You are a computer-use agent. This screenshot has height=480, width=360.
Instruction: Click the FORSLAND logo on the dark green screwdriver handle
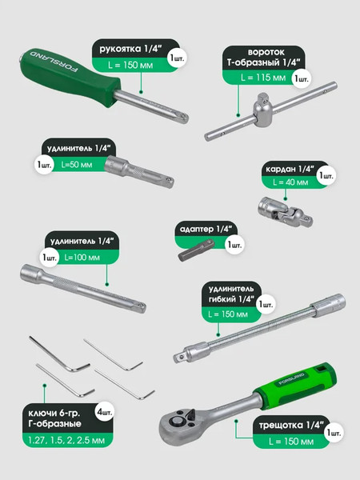[x=54, y=62]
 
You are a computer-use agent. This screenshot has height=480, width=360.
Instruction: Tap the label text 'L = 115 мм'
[x=263, y=78]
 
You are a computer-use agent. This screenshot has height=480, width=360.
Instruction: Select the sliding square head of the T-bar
[x=262, y=110]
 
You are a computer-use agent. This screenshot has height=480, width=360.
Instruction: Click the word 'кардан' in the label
[x=281, y=169]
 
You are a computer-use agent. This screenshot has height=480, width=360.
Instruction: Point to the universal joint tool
[x=286, y=212]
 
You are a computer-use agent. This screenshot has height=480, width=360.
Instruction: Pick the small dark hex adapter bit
[x=196, y=250]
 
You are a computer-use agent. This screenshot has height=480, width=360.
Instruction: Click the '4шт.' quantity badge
[x=104, y=412]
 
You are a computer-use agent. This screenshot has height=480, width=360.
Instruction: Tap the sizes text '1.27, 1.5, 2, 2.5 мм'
[x=66, y=440]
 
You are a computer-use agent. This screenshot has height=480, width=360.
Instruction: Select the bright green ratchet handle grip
[x=296, y=385]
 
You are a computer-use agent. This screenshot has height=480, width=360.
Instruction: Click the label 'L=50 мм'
[x=77, y=165]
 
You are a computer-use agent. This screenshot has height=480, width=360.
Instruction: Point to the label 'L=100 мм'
[x=82, y=257]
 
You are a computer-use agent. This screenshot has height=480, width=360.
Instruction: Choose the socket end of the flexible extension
[x=328, y=306]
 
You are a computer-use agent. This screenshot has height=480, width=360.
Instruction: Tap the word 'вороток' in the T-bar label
[x=266, y=52]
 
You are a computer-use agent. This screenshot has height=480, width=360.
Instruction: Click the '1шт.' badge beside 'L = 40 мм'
[x=326, y=176]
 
